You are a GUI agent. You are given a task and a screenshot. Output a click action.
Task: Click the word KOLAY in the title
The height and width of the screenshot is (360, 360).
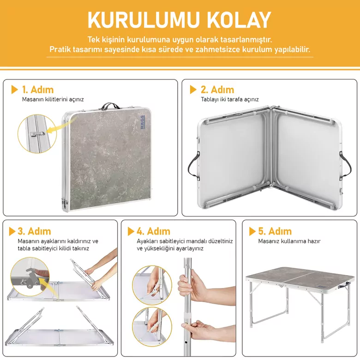pyautogui.click(x=239, y=20)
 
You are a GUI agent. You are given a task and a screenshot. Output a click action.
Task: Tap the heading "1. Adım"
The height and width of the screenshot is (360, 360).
pyautogui.click(x=38, y=90)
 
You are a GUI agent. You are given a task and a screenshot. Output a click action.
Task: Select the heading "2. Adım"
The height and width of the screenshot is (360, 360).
pyautogui.click(x=217, y=90)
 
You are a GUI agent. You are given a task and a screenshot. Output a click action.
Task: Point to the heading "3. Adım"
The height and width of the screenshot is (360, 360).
pyautogui.click(x=35, y=231)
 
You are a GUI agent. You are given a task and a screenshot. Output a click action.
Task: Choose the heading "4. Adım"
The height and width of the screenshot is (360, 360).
pyautogui.click(x=153, y=231)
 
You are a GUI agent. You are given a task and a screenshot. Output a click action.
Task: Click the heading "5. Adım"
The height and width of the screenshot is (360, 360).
pyautogui.click(x=275, y=231)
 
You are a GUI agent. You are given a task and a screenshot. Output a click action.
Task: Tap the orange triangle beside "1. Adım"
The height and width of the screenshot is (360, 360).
pyautogui.click(x=14, y=90)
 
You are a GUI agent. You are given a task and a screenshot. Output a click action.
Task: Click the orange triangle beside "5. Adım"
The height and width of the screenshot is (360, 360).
pyautogui.click(x=252, y=231)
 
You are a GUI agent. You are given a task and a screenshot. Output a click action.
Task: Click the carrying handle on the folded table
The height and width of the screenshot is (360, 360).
pyautogui.click(x=109, y=106)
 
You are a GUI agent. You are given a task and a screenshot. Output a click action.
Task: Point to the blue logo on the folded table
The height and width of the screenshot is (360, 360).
pyautogui.click(x=143, y=122)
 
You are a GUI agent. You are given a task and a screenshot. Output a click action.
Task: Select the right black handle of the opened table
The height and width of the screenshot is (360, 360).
pyautogui.click(x=346, y=165)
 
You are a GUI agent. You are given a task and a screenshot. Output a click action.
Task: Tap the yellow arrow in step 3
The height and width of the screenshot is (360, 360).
pyautogui.click(x=48, y=288)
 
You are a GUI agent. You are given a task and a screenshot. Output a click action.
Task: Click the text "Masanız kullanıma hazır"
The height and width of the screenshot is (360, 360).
pyautogui.click(x=289, y=241)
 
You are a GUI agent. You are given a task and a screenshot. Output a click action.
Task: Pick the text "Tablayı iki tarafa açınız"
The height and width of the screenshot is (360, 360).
pyautogui.click(x=230, y=99)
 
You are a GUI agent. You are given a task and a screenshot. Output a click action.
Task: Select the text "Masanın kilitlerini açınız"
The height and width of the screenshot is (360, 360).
pyautogui.click(x=53, y=99)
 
